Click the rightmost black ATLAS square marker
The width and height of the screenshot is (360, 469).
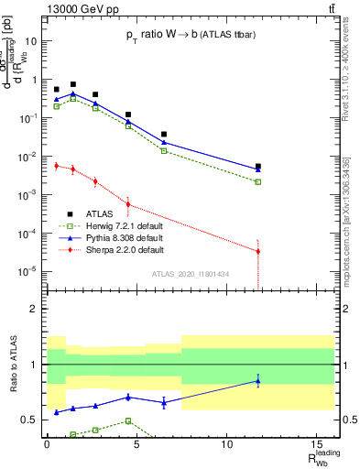(258, 167)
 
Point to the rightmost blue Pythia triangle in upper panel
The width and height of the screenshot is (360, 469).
(258, 169)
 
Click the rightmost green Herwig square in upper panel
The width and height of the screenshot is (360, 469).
(258, 181)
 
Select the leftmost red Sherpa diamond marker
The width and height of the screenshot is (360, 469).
(57, 166)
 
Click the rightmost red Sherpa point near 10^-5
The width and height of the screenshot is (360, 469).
(258, 251)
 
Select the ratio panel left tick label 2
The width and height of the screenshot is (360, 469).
(36, 309)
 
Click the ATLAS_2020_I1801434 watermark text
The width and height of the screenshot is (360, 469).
(191, 274)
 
